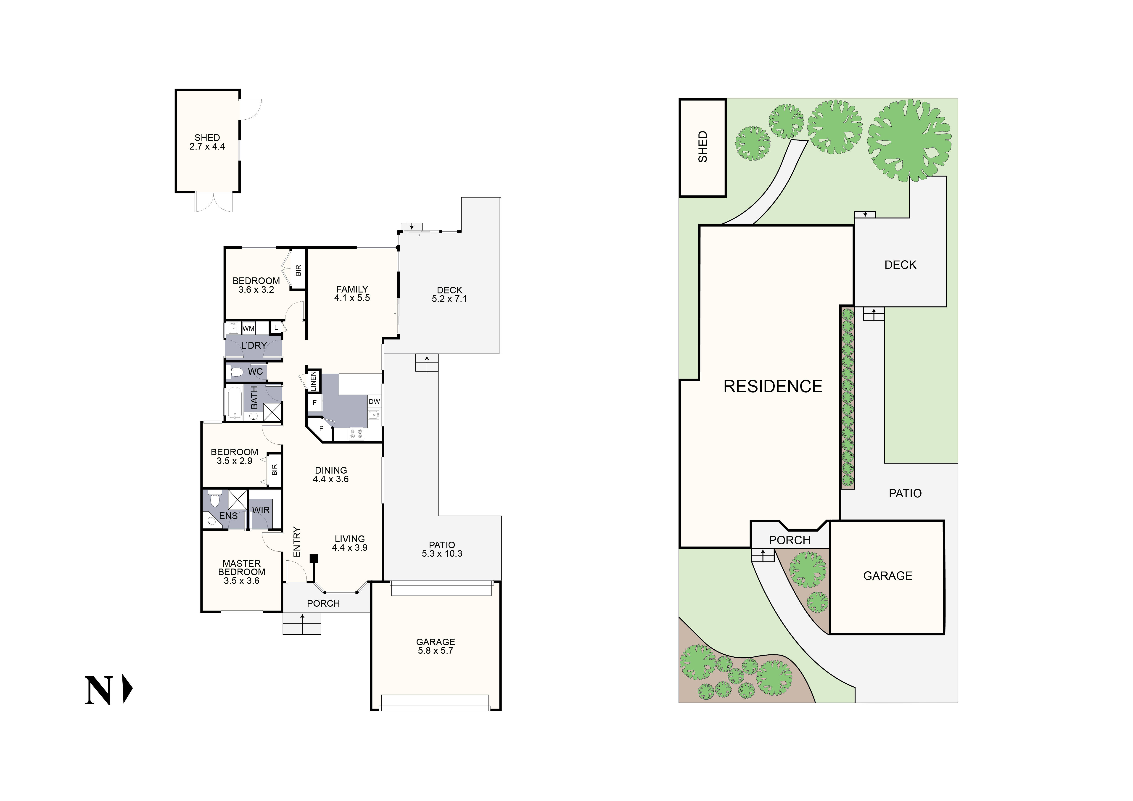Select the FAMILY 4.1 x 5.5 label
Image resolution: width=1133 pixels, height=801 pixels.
[352, 293]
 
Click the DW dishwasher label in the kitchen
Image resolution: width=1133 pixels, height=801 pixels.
[374, 401]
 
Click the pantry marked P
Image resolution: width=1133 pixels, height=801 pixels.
[321, 428]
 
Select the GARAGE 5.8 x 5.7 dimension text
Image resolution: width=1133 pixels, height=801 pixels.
[435, 651]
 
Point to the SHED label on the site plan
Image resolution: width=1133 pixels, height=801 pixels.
[703, 147]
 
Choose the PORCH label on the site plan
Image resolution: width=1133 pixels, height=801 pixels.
[790, 540]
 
